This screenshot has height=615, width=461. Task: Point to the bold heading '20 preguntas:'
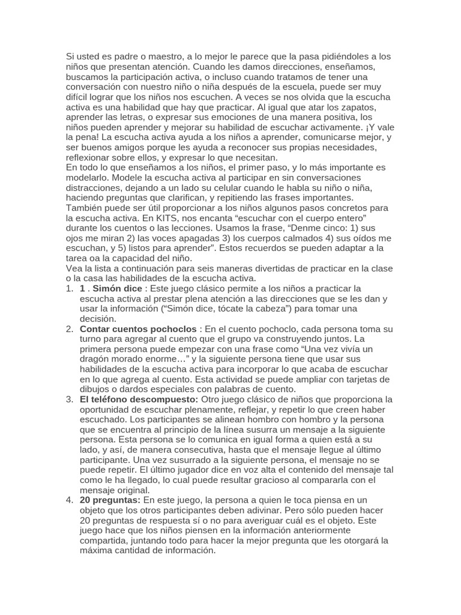coord(110,500)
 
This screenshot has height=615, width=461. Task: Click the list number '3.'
coord(70,399)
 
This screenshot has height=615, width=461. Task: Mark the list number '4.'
coord(70,500)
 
